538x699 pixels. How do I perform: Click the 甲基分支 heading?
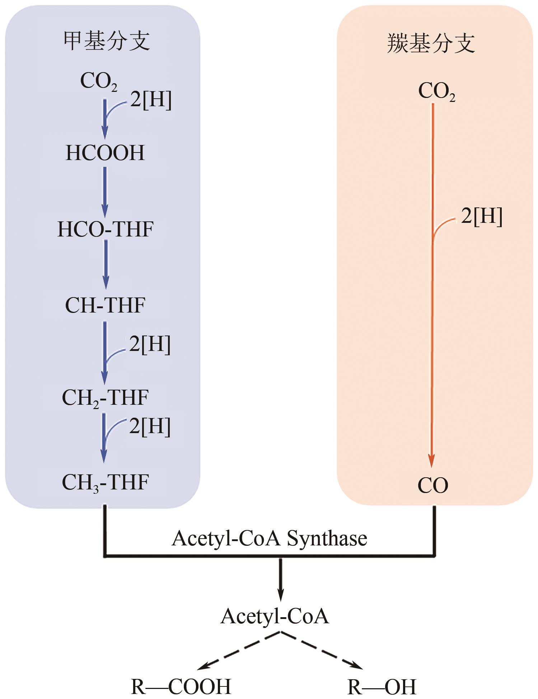107,41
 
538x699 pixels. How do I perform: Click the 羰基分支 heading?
431,43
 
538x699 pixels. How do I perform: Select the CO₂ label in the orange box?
436,92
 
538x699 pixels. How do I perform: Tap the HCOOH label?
105,153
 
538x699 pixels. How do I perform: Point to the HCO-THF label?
106,229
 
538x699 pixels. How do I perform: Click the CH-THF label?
105,305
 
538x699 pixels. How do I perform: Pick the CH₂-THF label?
105,398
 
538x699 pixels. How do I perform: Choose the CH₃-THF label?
105,483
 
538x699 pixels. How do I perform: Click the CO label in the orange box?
433,486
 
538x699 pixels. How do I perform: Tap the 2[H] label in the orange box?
481,216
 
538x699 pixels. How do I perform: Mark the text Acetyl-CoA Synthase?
269,539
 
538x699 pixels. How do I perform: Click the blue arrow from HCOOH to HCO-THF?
105,192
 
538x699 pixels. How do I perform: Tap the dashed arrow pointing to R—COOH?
239,651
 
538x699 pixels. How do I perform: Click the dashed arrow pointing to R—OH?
321,651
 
